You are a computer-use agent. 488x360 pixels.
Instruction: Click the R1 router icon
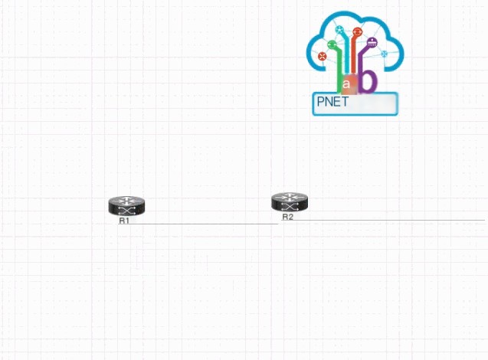pos(126,206)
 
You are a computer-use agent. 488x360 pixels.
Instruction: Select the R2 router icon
pos(290,202)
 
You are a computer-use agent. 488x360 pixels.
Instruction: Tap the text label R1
pos(124,221)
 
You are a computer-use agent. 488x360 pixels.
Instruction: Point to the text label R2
pos(287,217)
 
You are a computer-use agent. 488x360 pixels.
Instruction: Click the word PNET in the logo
pos(332,102)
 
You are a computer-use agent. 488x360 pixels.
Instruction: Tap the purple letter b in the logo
pos(368,80)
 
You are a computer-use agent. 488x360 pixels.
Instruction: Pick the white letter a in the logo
pos(346,83)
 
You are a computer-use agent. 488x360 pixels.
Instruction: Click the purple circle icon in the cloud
pos(372,42)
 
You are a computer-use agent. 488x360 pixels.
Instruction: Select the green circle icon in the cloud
pos(332,44)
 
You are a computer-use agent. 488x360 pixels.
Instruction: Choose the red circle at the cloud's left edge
pos(322,57)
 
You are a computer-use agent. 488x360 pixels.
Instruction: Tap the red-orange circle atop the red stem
pos(357,31)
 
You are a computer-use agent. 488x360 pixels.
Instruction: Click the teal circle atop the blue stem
pos(339,30)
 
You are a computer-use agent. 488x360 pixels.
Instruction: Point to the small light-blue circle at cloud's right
pos(385,54)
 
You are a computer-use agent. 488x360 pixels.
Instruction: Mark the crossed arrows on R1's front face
pos(126,211)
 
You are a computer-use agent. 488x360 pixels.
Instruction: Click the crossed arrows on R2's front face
pos(290,207)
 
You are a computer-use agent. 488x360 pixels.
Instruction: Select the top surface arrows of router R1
pos(126,201)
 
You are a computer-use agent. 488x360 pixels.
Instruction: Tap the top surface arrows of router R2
pos(290,197)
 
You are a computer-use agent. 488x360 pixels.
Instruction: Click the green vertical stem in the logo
pos(339,71)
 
